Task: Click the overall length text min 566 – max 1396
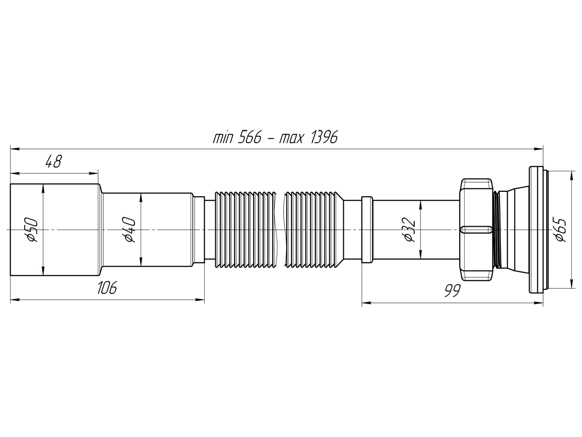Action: [275, 137]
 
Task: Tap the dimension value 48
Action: [53, 161]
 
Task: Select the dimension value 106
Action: [107, 288]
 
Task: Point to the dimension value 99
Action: [452, 291]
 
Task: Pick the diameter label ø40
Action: [129, 229]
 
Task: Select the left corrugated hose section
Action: [245, 229]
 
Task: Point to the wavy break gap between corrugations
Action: [280, 229]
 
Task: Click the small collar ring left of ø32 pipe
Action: [367, 229]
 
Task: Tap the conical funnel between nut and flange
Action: [512, 229]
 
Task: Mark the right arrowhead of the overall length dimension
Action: [539, 149]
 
